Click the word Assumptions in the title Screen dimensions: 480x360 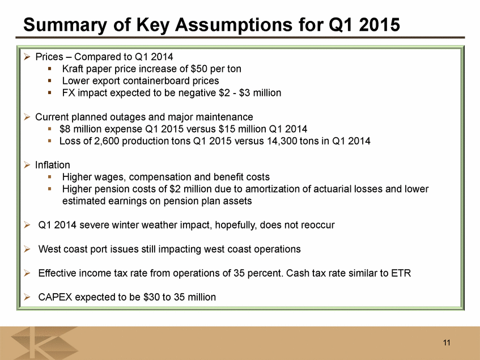234,25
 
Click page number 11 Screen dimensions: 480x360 447,342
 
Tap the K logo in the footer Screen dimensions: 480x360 44,343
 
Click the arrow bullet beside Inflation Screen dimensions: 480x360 27,165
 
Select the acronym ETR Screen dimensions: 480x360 401,273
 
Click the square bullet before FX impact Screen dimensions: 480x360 50,92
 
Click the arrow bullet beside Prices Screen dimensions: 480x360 27,57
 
